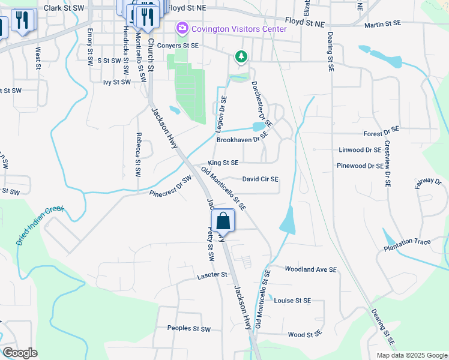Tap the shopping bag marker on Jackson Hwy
tap(223, 220)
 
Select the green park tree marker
tap(241, 56)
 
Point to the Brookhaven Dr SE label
tap(240, 140)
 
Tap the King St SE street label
tap(223, 163)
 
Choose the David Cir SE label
tap(260, 179)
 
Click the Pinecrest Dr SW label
tap(170, 186)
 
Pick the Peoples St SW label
tap(189, 329)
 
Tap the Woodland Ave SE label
tap(310, 270)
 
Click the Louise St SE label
tap(292, 301)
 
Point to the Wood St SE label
tap(304, 334)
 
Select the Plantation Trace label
tap(407, 242)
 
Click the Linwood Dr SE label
tap(360, 149)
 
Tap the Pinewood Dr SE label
tap(360, 165)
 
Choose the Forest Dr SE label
tap(381, 133)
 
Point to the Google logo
tap(19, 352)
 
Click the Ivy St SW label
tap(116, 82)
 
